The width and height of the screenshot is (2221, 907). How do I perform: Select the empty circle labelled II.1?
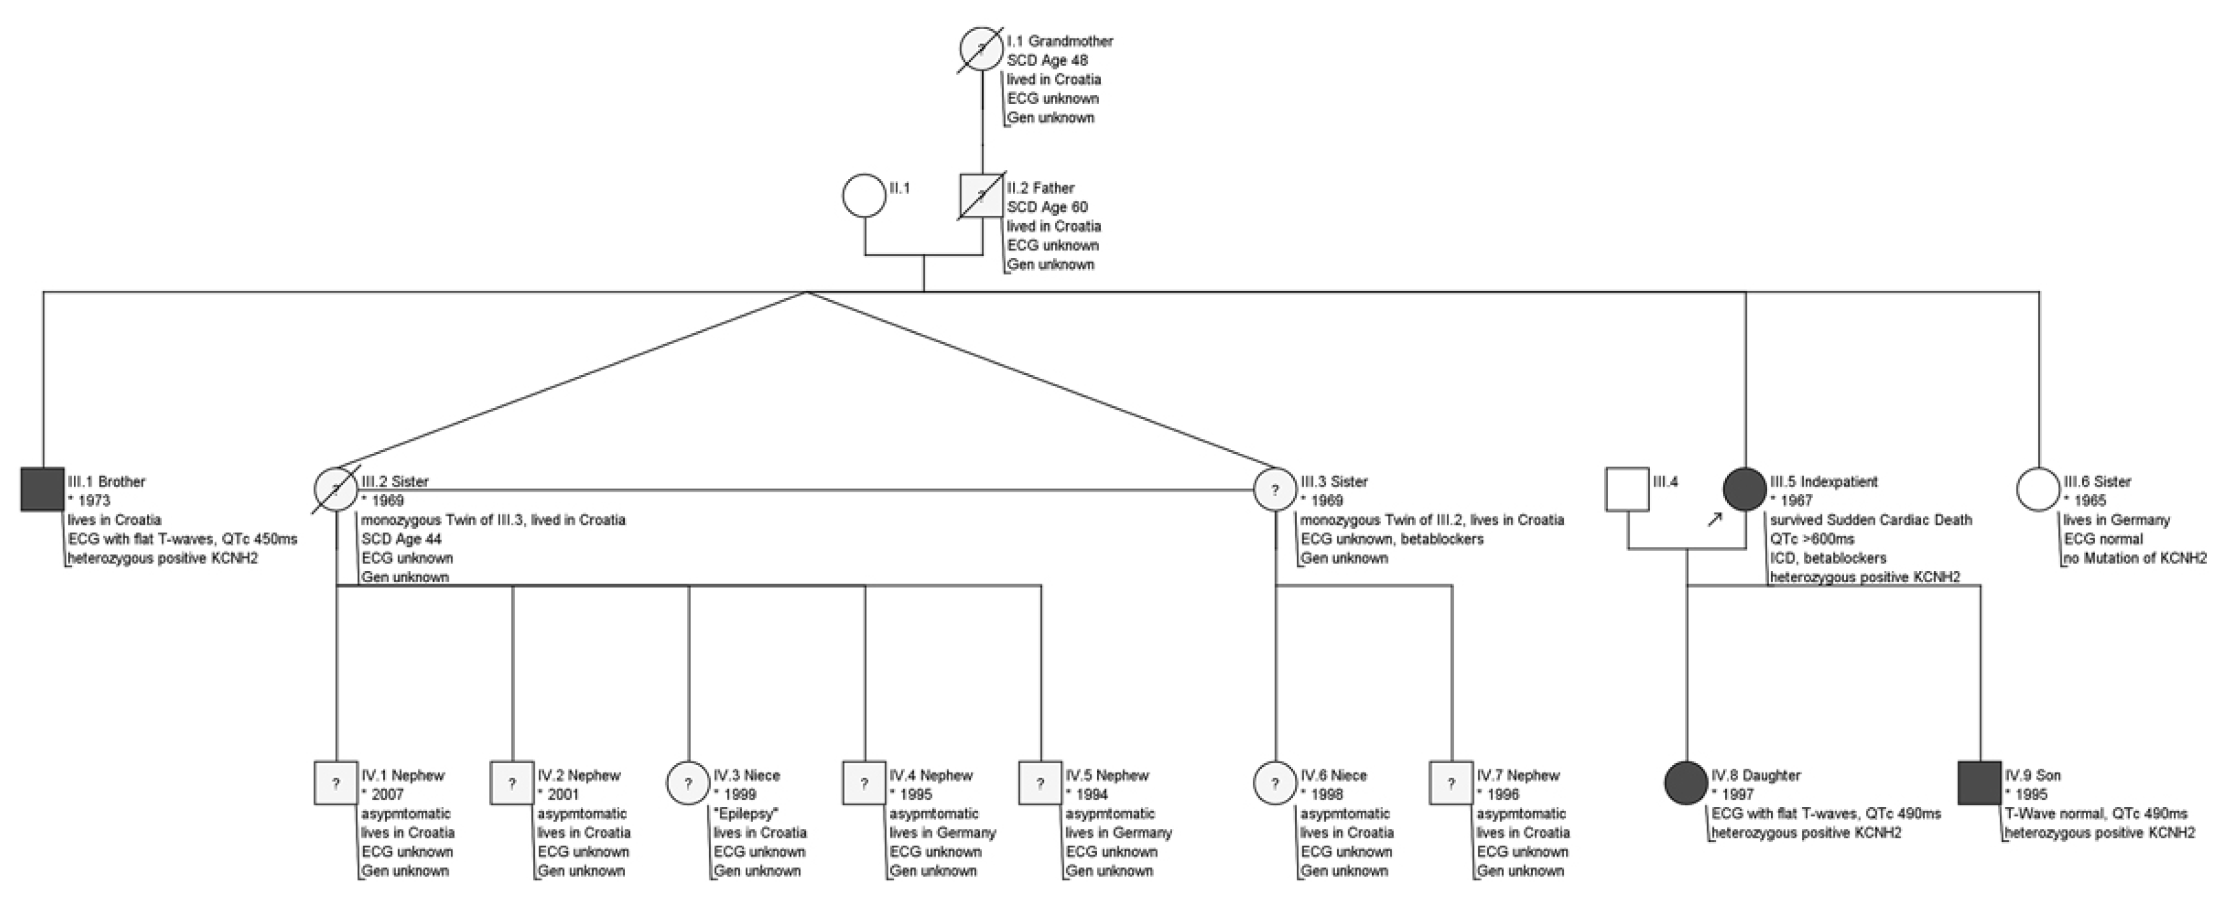[x=864, y=196]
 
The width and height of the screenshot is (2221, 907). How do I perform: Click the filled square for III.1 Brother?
[x=42, y=490]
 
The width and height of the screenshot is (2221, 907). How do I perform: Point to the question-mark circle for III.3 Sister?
[x=1275, y=490]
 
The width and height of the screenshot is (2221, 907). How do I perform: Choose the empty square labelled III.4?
[x=1628, y=490]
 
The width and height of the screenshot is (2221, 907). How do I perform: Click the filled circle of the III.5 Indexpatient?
[x=1745, y=490]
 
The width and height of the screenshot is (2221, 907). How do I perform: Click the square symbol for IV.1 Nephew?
[x=336, y=784]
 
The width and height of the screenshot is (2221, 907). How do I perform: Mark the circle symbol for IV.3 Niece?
[x=688, y=784]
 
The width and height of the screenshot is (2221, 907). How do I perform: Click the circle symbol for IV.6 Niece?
[x=1275, y=784]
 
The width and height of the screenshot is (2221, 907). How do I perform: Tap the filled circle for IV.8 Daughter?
[x=1685, y=784]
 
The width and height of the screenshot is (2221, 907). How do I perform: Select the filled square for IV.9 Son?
[x=1980, y=784]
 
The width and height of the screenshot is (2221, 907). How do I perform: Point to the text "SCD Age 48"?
[x=1048, y=60]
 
